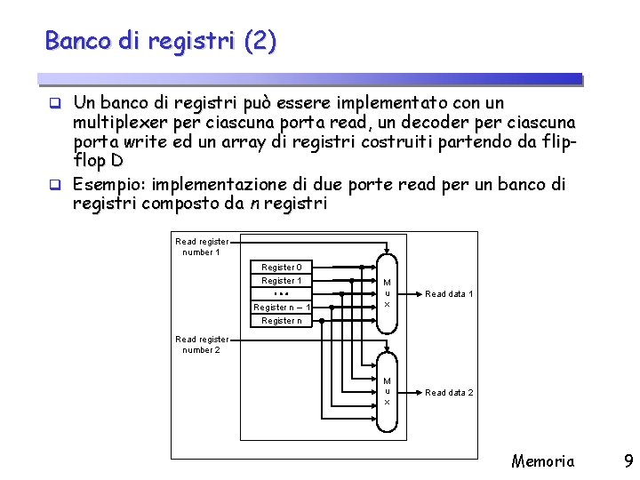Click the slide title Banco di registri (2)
(161, 41)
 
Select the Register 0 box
(281, 267)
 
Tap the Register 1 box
(281, 280)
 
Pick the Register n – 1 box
(281, 307)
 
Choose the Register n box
(281, 320)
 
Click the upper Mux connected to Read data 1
(387, 293)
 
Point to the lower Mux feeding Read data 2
(387, 391)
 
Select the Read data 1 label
(449, 294)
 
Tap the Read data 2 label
(449, 392)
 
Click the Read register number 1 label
(202, 246)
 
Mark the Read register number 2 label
(202, 344)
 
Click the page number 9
(628, 460)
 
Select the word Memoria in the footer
(542, 460)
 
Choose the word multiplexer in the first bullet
(116, 121)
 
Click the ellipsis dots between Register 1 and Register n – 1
(281, 293)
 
